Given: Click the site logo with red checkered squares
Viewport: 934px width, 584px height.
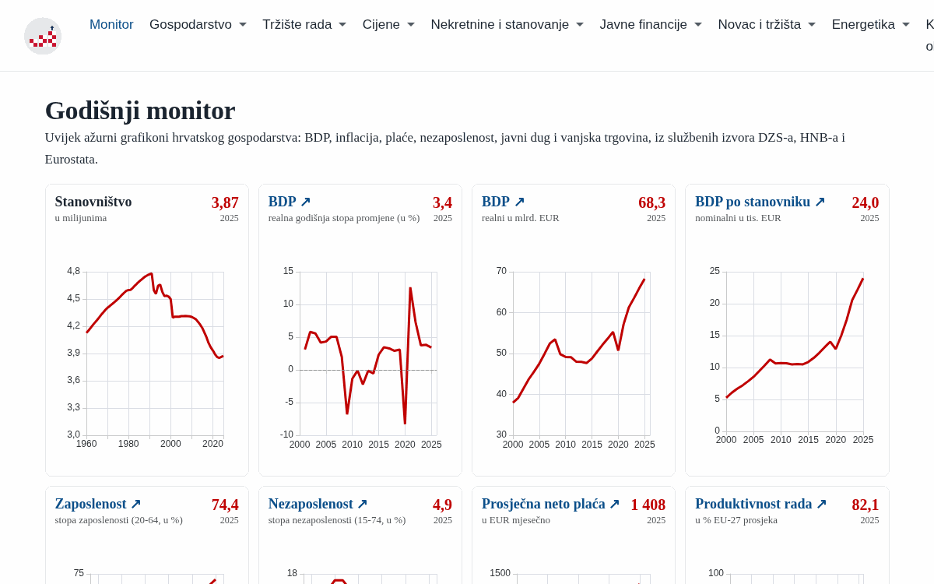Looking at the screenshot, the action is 43,36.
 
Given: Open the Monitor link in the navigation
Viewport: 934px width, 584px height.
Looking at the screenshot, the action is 111,25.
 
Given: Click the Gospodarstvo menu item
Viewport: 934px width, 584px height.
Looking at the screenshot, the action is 198,25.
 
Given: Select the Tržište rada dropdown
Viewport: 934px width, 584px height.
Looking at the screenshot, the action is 304,25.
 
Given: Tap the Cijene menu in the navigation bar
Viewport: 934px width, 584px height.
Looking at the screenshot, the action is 388,25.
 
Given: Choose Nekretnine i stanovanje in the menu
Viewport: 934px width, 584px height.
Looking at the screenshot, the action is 507,25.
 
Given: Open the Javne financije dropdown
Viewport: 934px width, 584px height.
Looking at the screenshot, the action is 651,25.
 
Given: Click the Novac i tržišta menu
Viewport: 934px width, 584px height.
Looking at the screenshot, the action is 767,25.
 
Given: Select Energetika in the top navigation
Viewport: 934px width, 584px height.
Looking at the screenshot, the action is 871,25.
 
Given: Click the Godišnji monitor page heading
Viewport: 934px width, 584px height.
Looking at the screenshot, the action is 140,111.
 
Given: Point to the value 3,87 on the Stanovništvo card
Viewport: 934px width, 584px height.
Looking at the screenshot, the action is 225,202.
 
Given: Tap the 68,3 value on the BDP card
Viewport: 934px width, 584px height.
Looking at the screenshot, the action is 651,202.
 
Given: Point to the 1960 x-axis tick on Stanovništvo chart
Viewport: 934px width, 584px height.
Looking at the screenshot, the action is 86,444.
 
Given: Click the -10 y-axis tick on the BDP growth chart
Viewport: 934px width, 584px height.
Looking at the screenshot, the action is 287,434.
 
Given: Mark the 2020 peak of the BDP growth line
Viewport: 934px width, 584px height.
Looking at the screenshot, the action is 410,288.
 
